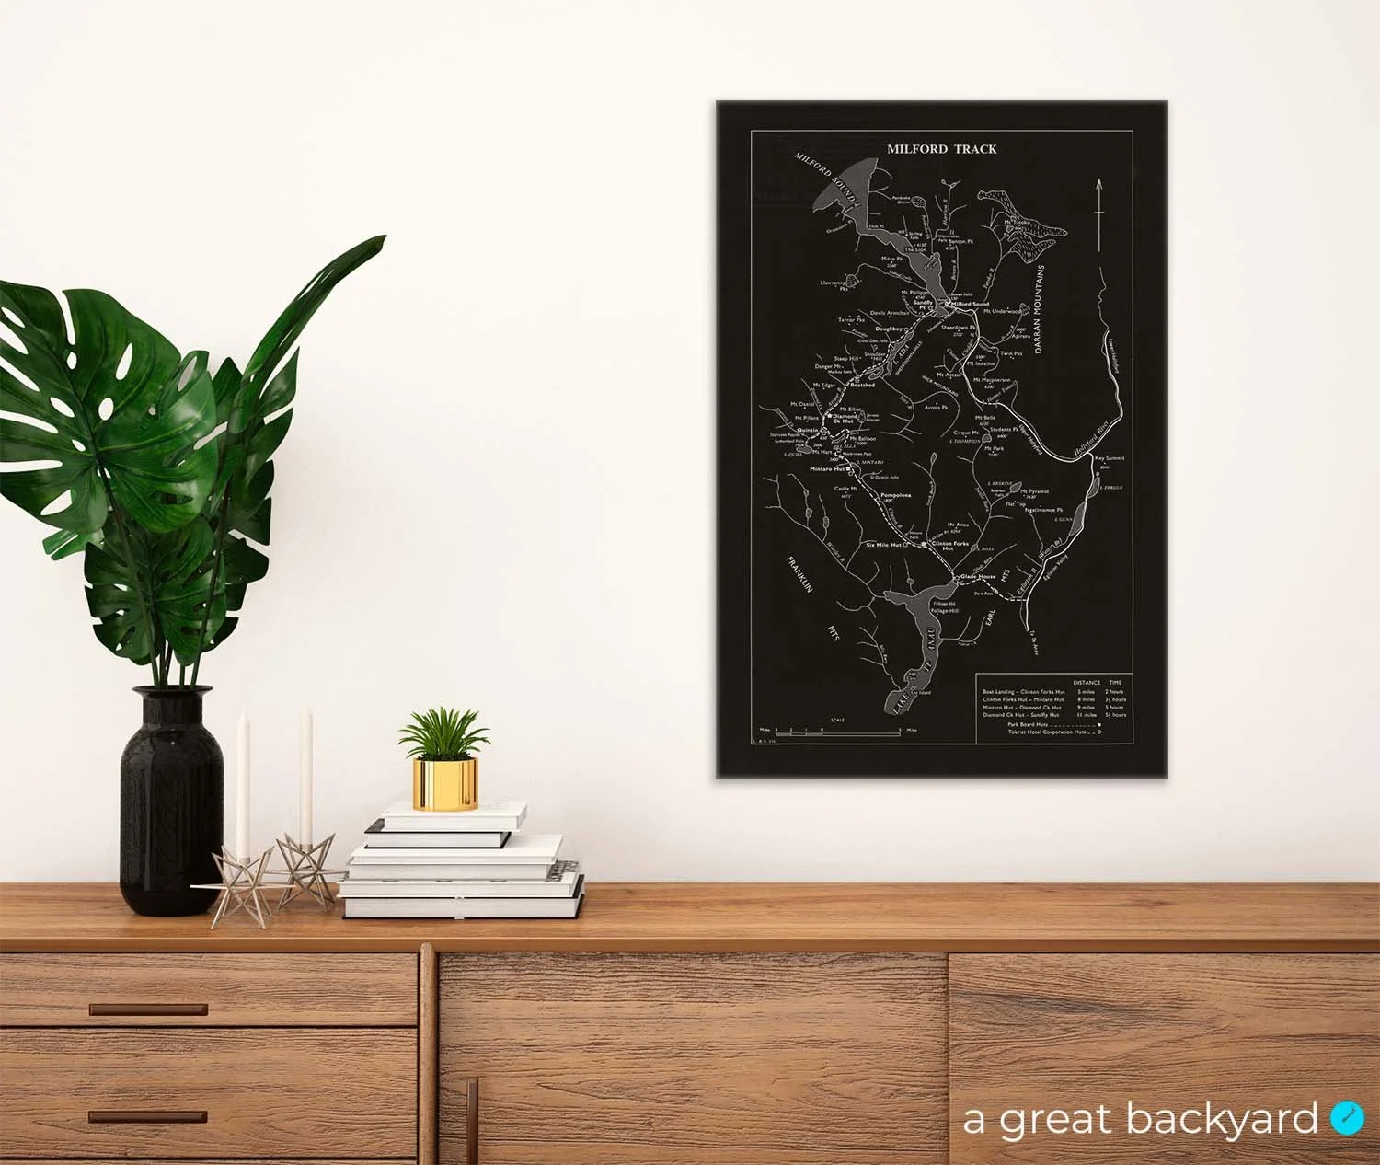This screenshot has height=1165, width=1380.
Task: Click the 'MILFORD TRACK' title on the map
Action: (x=941, y=148)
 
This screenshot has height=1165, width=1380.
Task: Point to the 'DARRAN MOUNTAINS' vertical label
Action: (x=1041, y=310)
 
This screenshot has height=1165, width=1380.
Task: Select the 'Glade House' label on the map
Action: (x=978, y=577)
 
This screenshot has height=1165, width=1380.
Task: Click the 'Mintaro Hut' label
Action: (x=826, y=469)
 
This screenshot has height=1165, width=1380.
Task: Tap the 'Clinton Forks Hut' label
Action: (x=950, y=545)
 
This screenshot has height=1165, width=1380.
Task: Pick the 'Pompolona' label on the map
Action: (x=895, y=495)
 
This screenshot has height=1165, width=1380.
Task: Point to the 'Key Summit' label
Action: (x=1110, y=457)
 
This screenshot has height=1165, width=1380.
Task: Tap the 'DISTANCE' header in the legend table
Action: (x=1087, y=683)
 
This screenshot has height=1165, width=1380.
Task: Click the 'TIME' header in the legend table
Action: (x=1116, y=683)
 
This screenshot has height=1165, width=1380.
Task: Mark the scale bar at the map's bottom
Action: (x=837, y=730)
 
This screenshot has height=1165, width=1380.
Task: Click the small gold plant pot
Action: (x=445, y=783)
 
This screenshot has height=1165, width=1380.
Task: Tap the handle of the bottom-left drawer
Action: (x=148, y=1116)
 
